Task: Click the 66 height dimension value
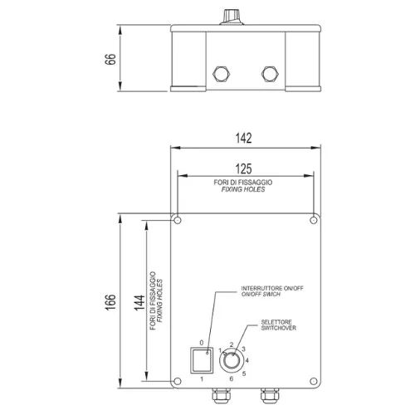(x=110, y=59)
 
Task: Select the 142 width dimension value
(x=244, y=138)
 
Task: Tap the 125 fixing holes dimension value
(x=244, y=168)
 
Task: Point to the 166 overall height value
(x=110, y=302)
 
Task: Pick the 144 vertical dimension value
(x=139, y=303)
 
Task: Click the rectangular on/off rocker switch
(x=202, y=360)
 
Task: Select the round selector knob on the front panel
(x=232, y=361)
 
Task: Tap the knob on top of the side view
(x=232, y=17)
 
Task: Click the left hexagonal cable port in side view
(x=222, y=74)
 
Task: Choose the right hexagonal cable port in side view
(x=271, y=74)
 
